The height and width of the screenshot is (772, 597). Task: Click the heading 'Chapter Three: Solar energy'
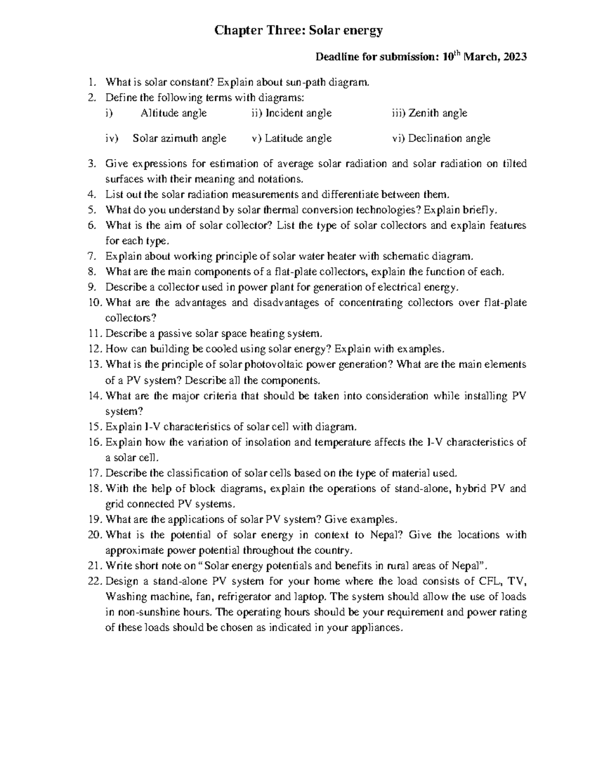click(298, 31)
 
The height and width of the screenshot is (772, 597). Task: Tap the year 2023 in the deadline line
click(515, 57)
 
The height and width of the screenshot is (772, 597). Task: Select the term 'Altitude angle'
click(174, 113)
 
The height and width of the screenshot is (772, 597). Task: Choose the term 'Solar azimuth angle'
click(180, 139)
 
